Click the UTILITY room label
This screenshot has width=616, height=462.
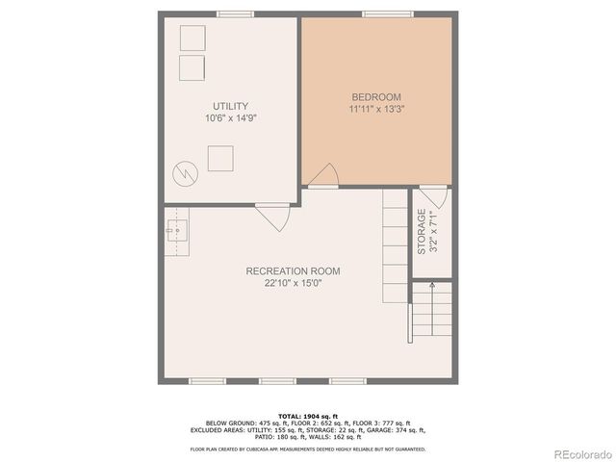tap(231, 106)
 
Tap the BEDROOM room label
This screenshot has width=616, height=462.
tap(375, 97)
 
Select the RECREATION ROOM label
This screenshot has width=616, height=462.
tap(293, 271)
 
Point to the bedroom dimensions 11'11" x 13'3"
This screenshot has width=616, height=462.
tap(375, 110)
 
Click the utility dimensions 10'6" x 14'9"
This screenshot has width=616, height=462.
tap(231, 118)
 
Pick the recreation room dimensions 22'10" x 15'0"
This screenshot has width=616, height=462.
tap(293, 284)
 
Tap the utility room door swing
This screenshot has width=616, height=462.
tap(275, 218)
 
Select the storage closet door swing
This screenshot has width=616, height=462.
tap(434, 199)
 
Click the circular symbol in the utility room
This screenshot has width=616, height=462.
tap(184, 173)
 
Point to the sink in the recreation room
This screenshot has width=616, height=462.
tap(175, 232)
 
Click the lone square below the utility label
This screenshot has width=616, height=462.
tap(220, 157)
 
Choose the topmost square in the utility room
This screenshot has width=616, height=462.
tap(192, 38)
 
